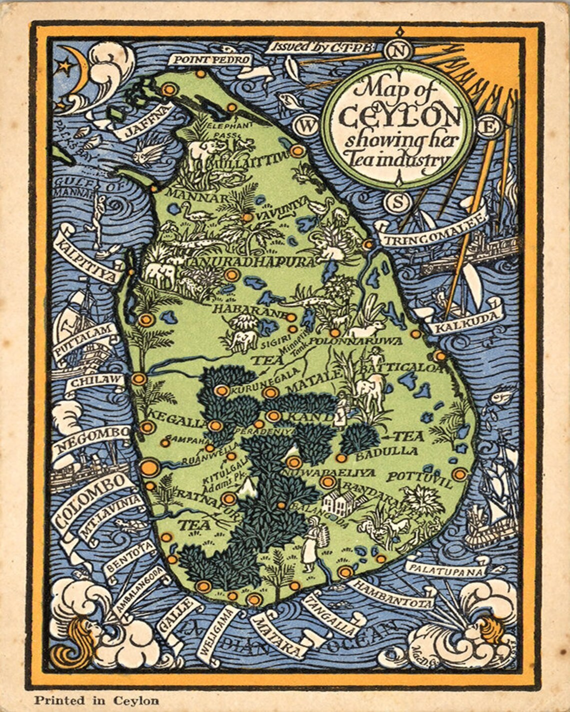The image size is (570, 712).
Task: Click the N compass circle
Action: (x=398, y=50)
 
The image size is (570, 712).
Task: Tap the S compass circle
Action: (x=398, y=202)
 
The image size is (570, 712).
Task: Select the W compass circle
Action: (x=306, y=126)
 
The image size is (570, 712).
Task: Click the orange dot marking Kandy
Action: (x=273, y=416)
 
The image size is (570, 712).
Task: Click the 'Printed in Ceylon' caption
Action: (x=96, y=701)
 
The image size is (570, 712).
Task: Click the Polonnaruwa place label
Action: (x=356, y=341)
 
